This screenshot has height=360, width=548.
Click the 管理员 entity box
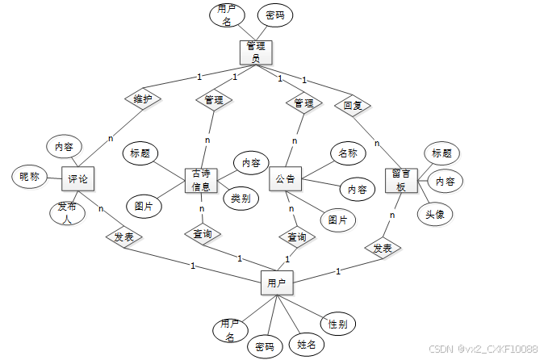255,52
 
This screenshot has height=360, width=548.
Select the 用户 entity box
277,283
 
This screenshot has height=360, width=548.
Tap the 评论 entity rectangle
78,178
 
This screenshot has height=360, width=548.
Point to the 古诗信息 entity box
202,181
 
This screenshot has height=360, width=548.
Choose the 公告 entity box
285,178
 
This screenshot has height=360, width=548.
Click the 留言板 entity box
401,180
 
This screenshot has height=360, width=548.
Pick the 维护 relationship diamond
143,99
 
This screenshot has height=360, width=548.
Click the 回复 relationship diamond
351,105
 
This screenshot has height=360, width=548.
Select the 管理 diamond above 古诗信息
214,101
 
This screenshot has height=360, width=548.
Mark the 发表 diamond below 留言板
383,248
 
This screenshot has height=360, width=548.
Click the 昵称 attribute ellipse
30,177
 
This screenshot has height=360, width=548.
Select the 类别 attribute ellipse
240,198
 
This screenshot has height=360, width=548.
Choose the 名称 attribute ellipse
348,153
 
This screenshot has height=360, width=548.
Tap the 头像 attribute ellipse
434,214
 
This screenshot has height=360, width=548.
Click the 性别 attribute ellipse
337,324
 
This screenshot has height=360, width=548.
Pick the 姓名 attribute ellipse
307,344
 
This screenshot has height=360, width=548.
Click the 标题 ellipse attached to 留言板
441,153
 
